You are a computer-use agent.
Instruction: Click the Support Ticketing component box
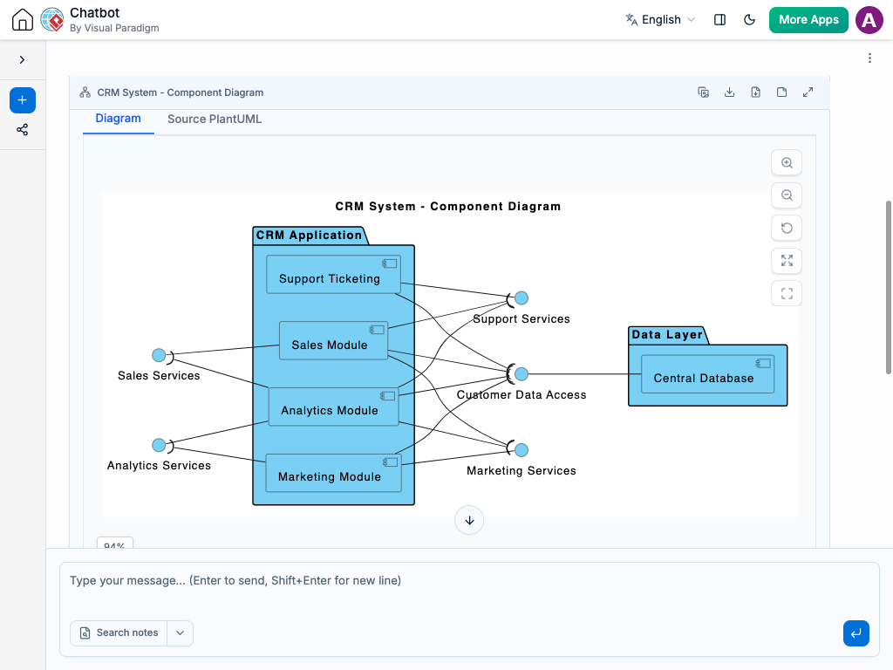coord(333,274)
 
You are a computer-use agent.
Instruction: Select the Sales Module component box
coord(333,341)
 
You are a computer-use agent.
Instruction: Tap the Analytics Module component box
coord(333,407)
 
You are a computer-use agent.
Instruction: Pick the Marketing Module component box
coord(333,473)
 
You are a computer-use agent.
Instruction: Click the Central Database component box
coord(707,374)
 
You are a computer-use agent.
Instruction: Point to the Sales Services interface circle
coord(159,356)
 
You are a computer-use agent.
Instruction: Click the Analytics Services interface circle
coord(159,445)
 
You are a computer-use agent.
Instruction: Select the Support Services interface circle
coord(521,298)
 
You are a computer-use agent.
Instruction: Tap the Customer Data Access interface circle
coord(521,373)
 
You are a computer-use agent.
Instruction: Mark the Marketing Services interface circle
coord(521,450)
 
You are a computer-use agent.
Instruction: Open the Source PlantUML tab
coord(215,119)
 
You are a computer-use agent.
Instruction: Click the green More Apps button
coord(808,20)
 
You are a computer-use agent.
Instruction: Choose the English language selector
coord(661,20)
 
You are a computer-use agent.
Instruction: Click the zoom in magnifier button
coord(787,163)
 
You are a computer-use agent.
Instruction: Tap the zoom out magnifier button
coord(787,195)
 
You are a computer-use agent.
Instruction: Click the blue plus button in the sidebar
coord(22,100)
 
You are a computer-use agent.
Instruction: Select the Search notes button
coord(119,633)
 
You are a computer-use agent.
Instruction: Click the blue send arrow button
coord(856,633)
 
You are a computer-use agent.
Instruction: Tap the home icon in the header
coord(23,19)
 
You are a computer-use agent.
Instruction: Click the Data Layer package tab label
coord(667,334)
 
